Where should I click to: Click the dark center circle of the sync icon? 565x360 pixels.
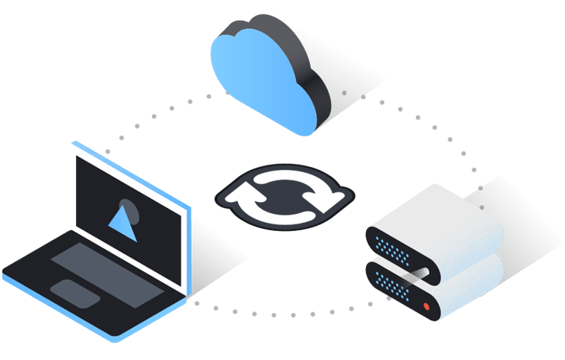click(x=281, y=196)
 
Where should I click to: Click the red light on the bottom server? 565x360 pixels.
click(x=426, y=306)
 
